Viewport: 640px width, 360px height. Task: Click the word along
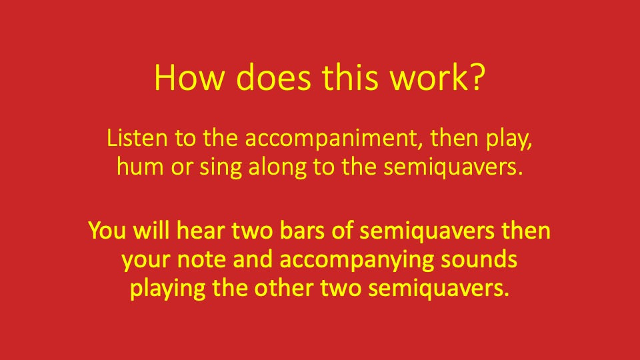click(269, 167)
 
